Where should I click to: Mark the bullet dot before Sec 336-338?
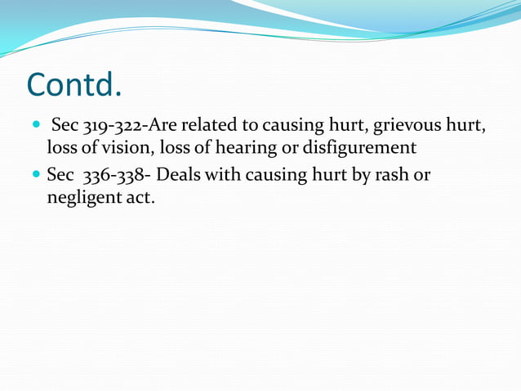point(34,176)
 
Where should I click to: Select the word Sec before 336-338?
point(60,175)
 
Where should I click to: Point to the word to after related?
point(249,127)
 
